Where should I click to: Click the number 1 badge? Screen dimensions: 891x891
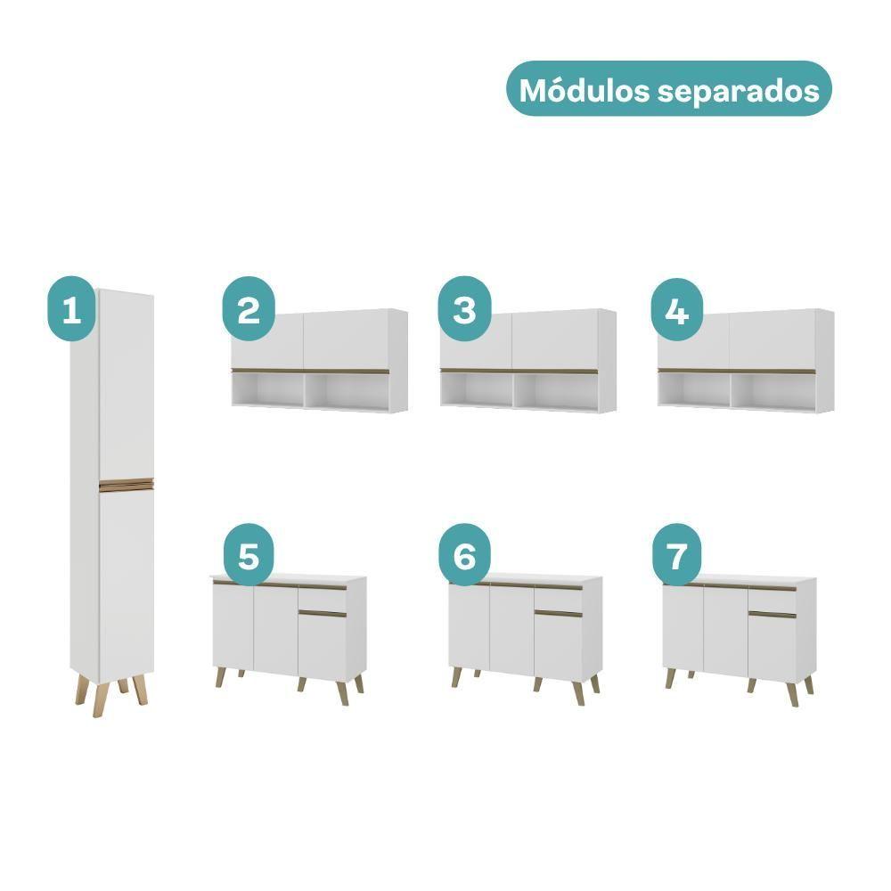point(71,308)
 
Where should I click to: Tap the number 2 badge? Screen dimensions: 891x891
point(249,308)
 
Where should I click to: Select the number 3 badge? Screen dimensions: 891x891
point(464,308)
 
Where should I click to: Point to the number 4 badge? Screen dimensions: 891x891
point(677,310)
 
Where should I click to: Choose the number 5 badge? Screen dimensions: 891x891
point(249,554)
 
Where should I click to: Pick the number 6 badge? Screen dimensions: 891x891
point(464,554)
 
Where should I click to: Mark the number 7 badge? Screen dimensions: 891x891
point(676,554)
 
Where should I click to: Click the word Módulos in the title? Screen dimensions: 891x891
point(584,90)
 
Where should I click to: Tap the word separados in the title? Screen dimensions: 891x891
point(738,91)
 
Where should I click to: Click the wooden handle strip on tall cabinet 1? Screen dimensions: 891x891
point(127,485)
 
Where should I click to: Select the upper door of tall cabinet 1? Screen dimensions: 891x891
point(127,385)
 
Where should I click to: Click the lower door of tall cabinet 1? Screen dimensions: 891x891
point(127,585)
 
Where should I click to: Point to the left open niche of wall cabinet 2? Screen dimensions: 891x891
point(267,390)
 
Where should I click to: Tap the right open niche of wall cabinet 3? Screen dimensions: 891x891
point(556,392)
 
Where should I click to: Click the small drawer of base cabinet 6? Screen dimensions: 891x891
point(558,599)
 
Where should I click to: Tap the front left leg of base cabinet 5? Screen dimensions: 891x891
point(220,677)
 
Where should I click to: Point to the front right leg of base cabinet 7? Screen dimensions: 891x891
point(790,694)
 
